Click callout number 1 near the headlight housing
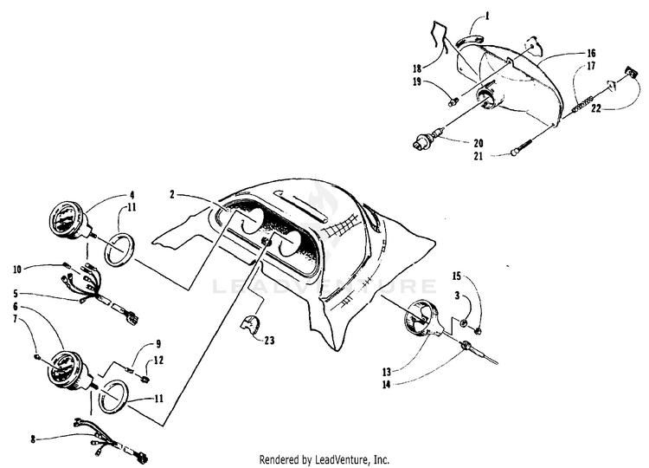click(x=511, y=16)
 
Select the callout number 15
click(x=456, y=276)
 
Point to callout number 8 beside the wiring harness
click(x=33, y=439)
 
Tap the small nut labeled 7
click(x=38, y=355)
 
